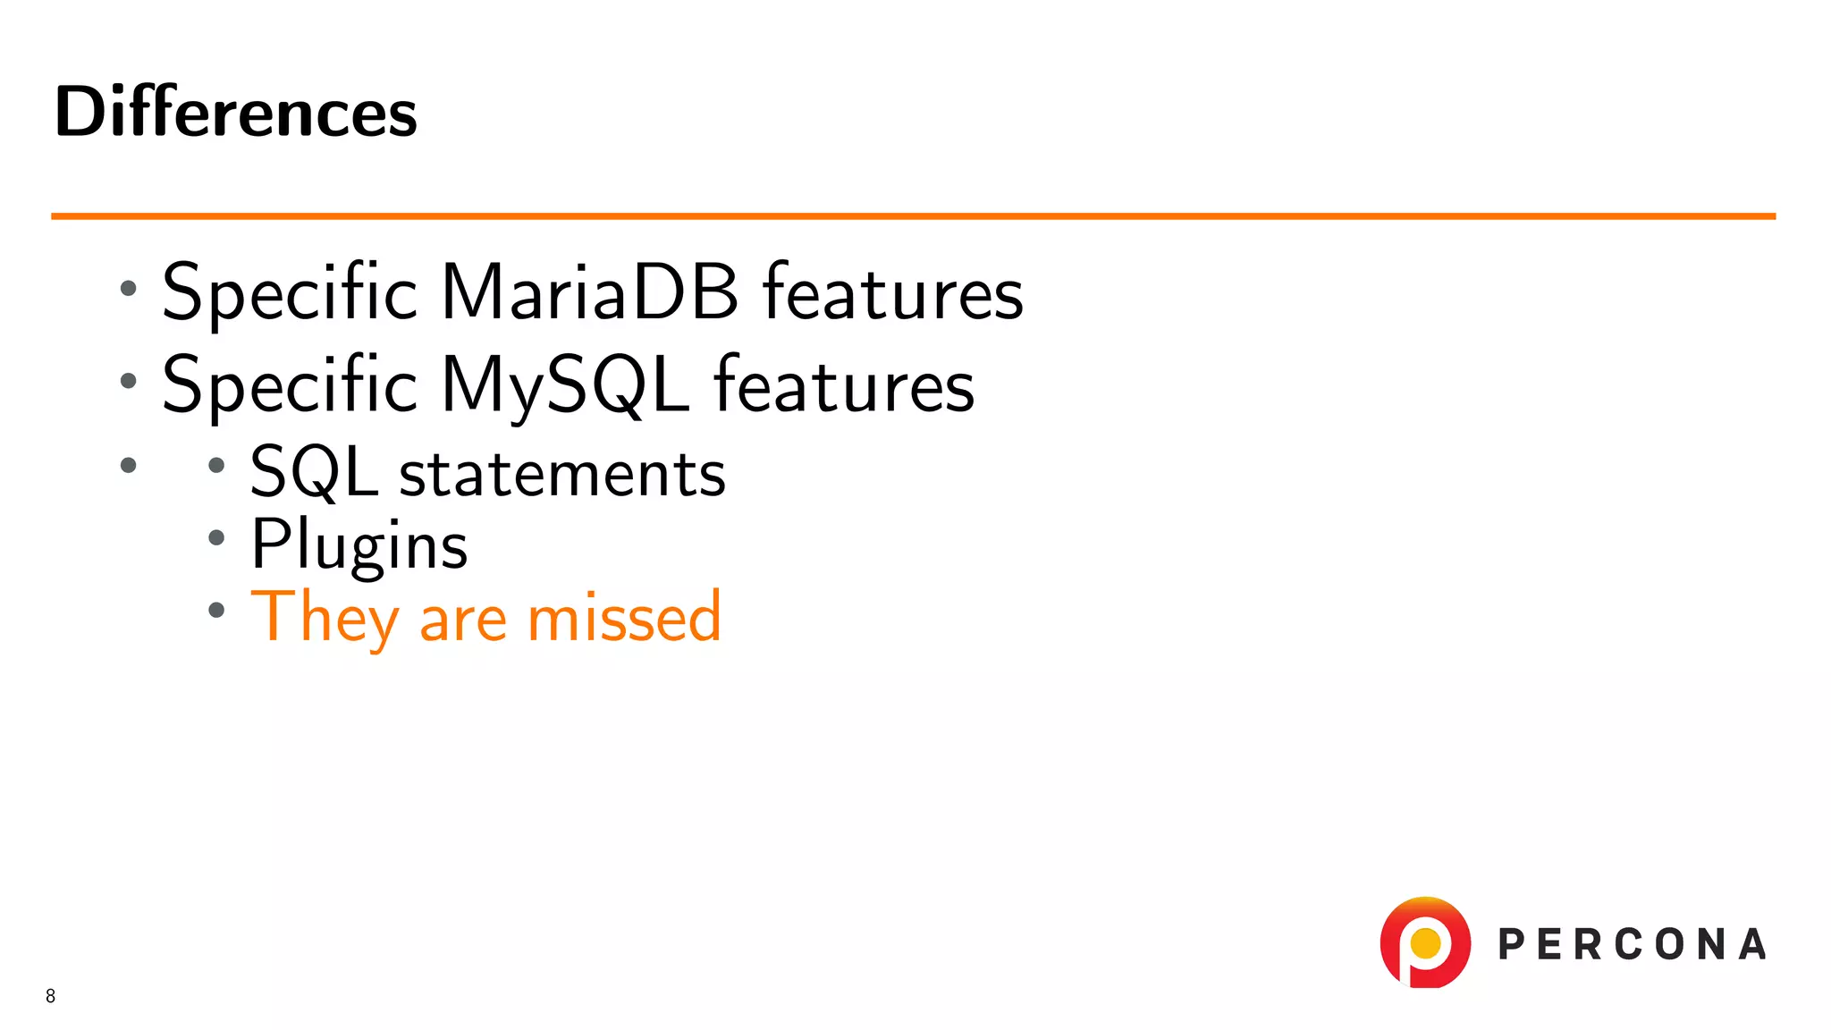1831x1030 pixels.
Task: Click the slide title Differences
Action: click(x=235, y=113)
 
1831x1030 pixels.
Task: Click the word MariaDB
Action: click(x=590, y=291)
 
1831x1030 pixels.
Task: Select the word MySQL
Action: click(x=565, y=384)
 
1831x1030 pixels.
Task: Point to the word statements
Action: click(x=561, y=474)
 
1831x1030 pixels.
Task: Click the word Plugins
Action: click(x=359, y=545)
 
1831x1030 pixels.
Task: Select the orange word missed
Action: click(x=623, y=617)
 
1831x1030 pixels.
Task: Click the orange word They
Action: click(x=325, y=617)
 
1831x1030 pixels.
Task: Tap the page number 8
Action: click(x=50, y=996)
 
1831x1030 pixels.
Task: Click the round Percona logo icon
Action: click(x=1425, y=942)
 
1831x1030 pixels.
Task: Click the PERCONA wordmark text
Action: click(x=1632, y=945)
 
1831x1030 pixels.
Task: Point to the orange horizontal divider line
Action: click(x=912, y=215)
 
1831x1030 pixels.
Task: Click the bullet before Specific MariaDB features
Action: click(x=129, y=288)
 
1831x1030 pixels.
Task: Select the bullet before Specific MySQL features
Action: click(x=129, y=381)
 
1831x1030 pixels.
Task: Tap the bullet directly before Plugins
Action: click(x=215, y=537)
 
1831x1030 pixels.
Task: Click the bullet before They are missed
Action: click(x=215, y=610)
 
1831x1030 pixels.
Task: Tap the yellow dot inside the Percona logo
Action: click(x=1425, y=942)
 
